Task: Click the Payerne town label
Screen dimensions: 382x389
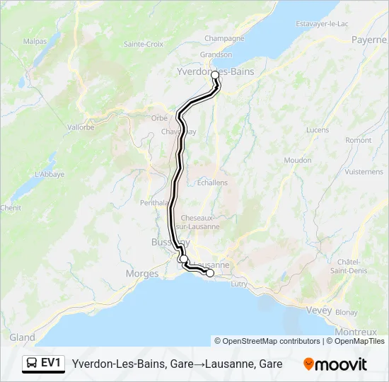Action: [x=369, y=40]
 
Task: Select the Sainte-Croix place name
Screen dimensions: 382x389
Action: [x=144, y=44]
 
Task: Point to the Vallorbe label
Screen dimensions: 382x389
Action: [x=81, y=127]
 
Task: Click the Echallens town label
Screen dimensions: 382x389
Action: [x=212, y=182]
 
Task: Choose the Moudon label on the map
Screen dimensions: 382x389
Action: [x=297, y=161]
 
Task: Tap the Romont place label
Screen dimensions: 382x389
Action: [x=358, y=140]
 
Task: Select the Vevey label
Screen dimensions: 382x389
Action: [x=319, y=311]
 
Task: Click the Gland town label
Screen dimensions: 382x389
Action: [x=23, y=337]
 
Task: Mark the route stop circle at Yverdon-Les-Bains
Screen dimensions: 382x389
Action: [x=215, y=74]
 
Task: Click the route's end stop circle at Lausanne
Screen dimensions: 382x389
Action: [x=209, y=273]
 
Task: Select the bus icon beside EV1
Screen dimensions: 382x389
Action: [x=31, y=364]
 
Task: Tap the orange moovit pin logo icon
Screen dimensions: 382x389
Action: [x=308, y=364]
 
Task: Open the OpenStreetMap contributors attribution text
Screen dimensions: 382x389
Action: [x=267, y=341]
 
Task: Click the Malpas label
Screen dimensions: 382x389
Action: [x=35, y=41]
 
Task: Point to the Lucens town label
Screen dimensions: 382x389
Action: [x=318, y=130]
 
